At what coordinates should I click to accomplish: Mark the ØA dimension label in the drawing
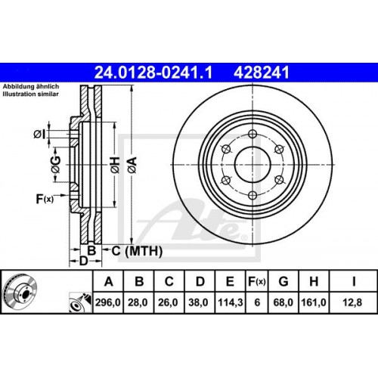[133, 160]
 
